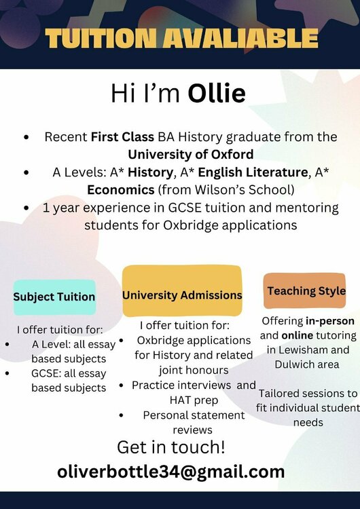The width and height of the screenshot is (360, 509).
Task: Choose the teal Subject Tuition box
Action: click(x=54, y=297)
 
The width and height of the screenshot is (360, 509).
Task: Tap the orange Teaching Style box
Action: click(x=306, y=290)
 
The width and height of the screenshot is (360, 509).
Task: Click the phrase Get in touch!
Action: click(x=170, y=447)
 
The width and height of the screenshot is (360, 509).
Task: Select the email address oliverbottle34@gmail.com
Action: click(x=170, y=471)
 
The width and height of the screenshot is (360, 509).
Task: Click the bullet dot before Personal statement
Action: click(x=122, y=415)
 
